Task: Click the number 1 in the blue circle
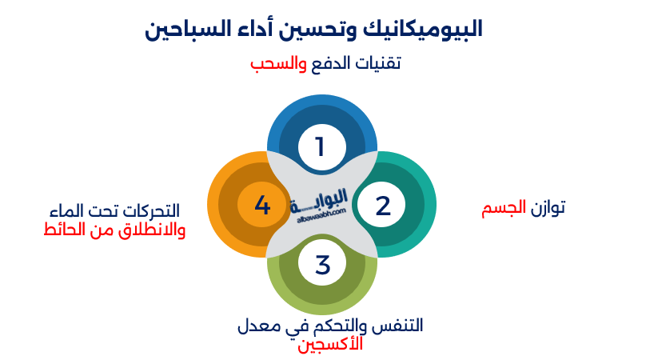[321, 146]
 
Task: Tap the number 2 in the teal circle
[383, 206]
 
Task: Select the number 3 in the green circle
[322, 264]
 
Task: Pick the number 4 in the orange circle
[262, 206]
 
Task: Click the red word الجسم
[503, 209]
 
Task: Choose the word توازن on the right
[548, 209]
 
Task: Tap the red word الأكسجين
[330, 345]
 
